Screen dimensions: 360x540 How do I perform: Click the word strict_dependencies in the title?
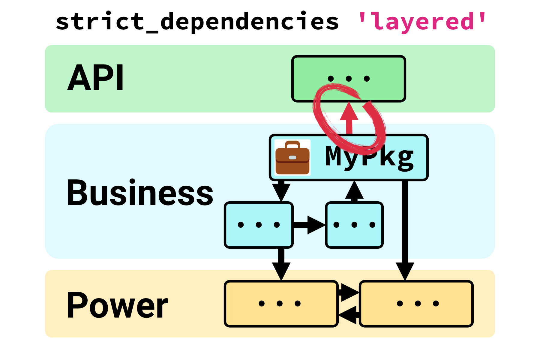(x=197, y=22)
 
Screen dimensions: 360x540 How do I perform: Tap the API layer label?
(x=95, y=78)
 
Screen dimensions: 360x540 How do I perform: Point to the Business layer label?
(x=139, y=193)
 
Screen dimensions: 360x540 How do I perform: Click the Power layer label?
(x=117, y=305)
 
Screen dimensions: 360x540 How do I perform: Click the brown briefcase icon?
(x=292, y=157)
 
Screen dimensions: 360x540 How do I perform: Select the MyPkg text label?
(x=370, y=157)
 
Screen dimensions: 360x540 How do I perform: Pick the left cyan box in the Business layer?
(x=259, y=225)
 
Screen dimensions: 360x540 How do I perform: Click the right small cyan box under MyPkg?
(x=354, y=225)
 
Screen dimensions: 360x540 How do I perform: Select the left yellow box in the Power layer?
(x=281, y=304)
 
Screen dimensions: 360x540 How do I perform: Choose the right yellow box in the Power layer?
(x=416, y=304)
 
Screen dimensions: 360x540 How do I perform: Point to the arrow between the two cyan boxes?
(x=309, y=225)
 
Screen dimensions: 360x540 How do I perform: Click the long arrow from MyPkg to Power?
(x=405, y=228)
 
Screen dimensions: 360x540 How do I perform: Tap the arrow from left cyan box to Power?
(x=281, y=264)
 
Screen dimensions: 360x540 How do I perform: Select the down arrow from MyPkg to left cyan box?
(x=281, y=191)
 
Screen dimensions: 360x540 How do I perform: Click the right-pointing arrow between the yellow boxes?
(x=349, y=292)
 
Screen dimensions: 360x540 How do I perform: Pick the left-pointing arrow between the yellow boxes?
(x=349, y=315)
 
